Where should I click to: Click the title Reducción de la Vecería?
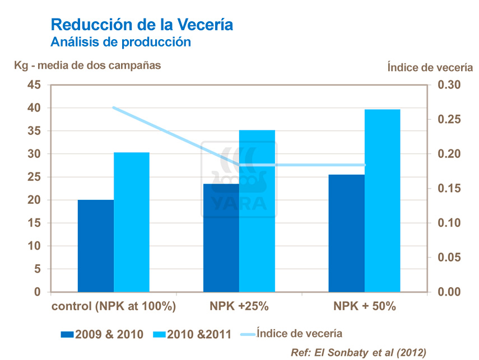[x=142, y=25]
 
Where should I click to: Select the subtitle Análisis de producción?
[x=121, y=42]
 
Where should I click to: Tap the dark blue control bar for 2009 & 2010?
[x=95, y=246]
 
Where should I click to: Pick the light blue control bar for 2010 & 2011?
[x=132, y=222]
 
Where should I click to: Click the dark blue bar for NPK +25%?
[x=221, y=237]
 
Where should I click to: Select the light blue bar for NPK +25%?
[x=257, y=211]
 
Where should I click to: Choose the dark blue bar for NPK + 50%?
[x=346, y=233]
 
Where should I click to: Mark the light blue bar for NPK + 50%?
[x=382, y=200]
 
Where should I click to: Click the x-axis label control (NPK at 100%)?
[x=114, y=307]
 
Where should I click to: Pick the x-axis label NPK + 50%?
[x=365, y=307]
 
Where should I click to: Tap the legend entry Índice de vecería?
[x=299, y=334]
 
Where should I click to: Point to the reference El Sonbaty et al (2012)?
[x=359, y=352]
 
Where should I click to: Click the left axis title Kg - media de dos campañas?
[x=87, y=66]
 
